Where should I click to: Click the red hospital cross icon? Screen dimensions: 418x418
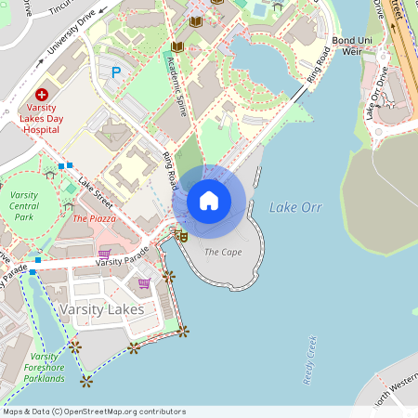[41, 95]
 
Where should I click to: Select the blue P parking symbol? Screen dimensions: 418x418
[116, 72]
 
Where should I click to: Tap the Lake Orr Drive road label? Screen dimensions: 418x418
[377, 93]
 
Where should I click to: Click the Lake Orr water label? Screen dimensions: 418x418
[295, 207]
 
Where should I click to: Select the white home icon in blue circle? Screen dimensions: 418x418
[209, 200]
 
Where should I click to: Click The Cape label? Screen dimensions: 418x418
[223, 252]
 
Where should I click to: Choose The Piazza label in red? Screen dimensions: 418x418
[94, 218]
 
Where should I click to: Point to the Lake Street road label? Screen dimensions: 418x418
[96, 192]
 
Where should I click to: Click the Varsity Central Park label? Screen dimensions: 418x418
[24, 205]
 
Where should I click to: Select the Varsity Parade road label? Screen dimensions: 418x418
[122, 256]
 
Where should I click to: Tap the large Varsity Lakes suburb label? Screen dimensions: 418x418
[101, 307]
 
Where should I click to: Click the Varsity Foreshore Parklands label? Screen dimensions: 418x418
[44, 367]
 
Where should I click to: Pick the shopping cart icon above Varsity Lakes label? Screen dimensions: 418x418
[144, 283]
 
